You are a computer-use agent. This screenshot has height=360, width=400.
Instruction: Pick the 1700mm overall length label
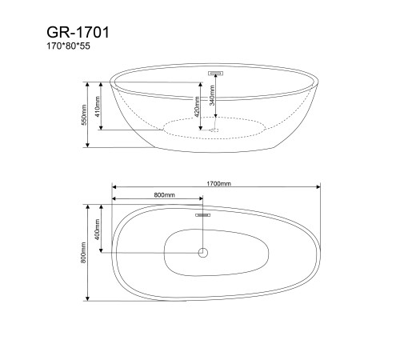point(218,183)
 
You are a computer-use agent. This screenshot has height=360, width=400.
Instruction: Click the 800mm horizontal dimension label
point(165,194)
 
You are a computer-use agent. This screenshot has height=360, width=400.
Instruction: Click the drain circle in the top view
point(202,254)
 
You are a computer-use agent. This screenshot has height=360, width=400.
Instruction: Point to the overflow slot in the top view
point(202,214)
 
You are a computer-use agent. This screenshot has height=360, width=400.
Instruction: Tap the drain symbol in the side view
point(214,129)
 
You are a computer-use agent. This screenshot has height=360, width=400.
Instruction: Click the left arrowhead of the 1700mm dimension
point(114,189)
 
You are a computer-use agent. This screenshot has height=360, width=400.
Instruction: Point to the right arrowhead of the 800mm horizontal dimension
point(200,200)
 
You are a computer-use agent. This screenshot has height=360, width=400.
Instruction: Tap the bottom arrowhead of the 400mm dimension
point(102,250)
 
